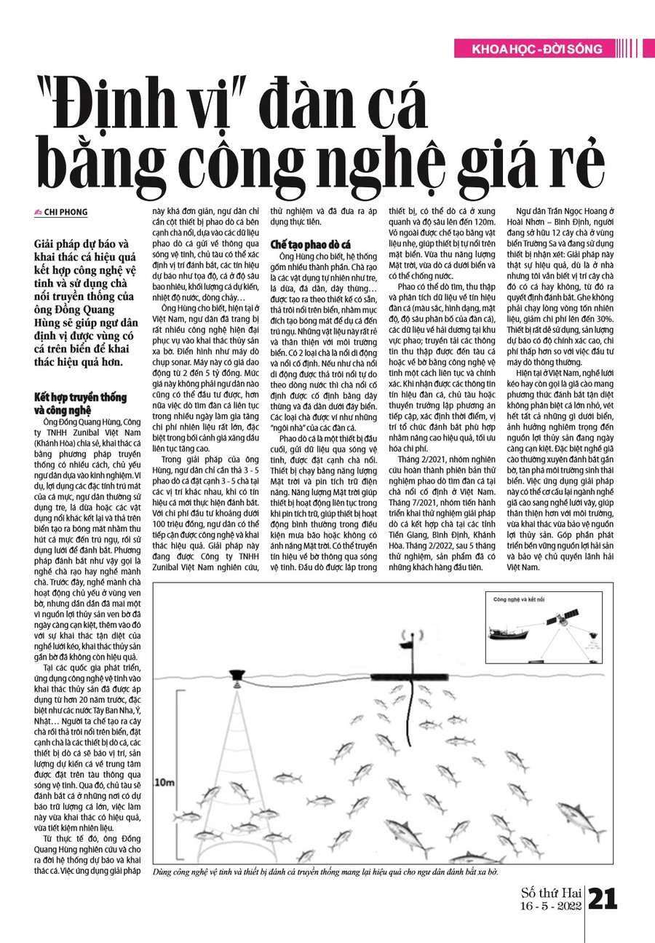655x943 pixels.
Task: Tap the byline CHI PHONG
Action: pyautogui.click(x=66, y=213)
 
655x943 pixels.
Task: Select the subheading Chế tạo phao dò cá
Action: pyautogui.click(x=311, y=245)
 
